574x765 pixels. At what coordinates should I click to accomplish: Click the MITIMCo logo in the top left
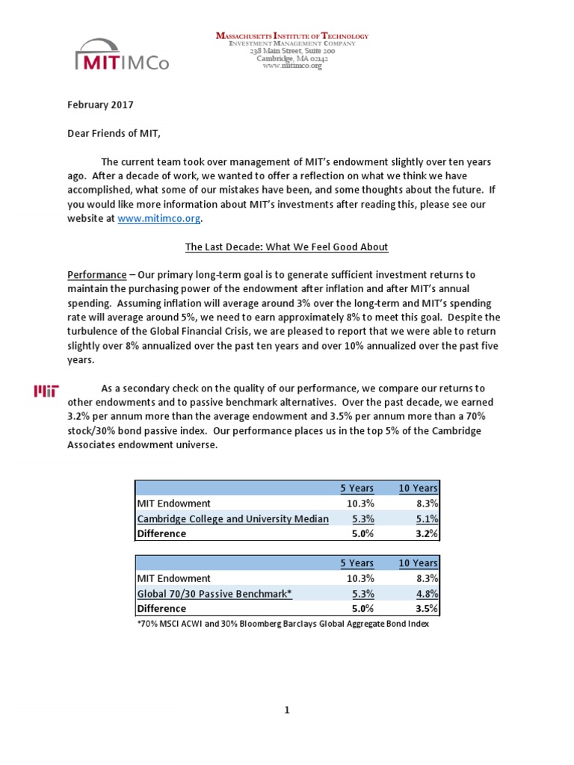coord(122,55)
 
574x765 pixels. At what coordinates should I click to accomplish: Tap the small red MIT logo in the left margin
coord(47,391)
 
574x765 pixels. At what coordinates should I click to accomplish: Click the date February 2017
coord(100,105)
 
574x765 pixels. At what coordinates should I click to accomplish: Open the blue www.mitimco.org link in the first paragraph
coord(160,219)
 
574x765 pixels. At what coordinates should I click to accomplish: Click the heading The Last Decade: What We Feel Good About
coord(286,247)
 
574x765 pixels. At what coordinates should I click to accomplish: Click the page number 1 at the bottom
coord(286,710)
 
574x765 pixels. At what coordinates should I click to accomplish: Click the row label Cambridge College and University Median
coord(232,518)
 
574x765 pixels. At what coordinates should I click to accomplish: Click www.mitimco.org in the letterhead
coord(292,66)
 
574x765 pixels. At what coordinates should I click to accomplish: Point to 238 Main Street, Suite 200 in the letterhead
coord(292,51)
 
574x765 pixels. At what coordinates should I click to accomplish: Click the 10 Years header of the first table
coord(419,488)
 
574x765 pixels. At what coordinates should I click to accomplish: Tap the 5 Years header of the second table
coord(357,563)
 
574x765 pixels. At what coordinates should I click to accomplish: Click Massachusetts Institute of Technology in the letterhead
coord(292,36)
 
